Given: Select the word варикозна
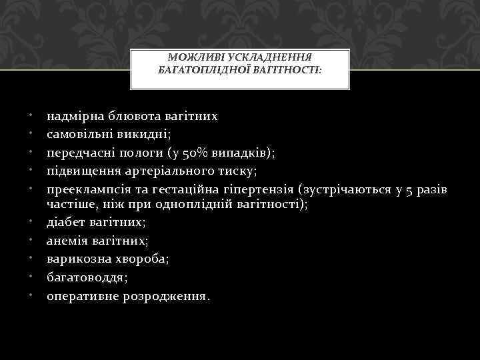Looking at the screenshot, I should [x=73, y=258].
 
